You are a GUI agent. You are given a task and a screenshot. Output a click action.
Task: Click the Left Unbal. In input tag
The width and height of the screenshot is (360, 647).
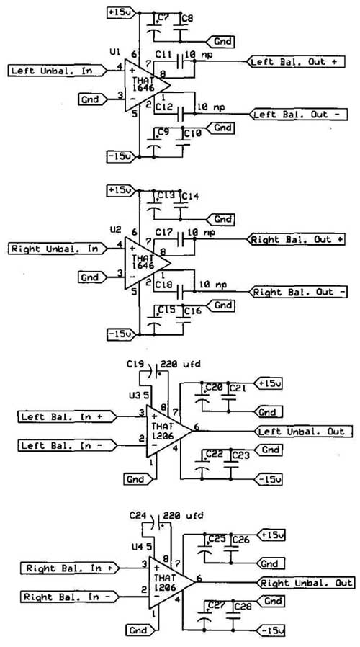tap(57, 71)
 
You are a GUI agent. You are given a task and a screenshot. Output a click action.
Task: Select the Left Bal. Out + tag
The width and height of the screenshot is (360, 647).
tap(296, 62)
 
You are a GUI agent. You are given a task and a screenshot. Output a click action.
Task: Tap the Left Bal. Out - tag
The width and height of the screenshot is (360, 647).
tap(298, 115)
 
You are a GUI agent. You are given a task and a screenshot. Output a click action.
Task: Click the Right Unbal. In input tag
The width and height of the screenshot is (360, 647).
tap(57, 249)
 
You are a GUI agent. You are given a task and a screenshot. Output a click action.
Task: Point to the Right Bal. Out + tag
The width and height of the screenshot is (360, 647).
tap(296, 239)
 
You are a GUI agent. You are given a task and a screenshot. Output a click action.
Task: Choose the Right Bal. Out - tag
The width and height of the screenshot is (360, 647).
tap(298, 292)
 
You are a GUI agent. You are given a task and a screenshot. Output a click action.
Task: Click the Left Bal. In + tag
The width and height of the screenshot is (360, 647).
tap(67, 416)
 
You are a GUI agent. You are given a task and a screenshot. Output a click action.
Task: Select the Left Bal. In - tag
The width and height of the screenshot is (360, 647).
tap(67, 446)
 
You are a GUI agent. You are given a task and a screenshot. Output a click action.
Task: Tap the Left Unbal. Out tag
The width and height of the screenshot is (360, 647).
tap(304, 432)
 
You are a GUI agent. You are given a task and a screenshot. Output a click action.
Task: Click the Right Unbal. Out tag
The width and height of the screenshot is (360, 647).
tap(305, 583)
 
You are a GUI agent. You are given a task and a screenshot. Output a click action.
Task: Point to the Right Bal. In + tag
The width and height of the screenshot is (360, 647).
tap(69, 568)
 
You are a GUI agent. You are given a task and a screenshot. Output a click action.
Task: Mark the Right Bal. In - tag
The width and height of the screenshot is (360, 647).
tap(69, 597)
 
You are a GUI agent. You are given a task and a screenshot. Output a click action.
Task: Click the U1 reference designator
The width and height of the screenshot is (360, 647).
tap(115, 52)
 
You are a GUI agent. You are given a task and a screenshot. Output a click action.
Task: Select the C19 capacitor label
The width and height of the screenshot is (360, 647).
tap(135, 365)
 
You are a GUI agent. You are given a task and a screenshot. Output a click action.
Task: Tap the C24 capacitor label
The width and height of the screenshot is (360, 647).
tap(138, 515)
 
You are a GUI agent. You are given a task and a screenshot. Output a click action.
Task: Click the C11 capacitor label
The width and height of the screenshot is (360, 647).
tap(163, 54)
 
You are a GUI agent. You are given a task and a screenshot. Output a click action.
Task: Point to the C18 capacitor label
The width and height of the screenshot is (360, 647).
tap(163, 285)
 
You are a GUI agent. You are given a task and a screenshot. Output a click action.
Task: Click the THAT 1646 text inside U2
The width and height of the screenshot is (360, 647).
tap(143, 262)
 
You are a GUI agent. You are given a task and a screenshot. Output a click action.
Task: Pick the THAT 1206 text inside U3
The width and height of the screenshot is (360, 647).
tap(163, 430)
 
